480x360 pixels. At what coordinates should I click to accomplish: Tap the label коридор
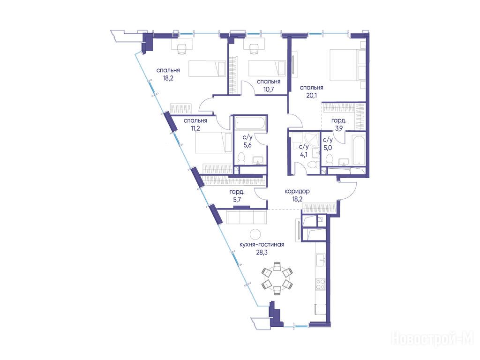(297, 191)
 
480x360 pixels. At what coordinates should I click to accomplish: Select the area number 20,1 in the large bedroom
(311, 95)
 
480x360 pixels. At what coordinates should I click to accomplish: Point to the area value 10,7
(269, 89)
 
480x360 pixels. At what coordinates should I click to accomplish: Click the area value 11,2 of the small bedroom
(195, 128)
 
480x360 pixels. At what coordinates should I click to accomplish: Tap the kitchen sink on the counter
(321, 261)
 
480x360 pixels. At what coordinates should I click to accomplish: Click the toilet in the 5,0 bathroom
(330, 159)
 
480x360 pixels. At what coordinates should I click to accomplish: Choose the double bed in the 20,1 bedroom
(347, 65)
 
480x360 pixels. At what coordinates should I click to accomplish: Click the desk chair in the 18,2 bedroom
(182, 49)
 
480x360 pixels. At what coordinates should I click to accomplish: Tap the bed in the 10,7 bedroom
(267, 68)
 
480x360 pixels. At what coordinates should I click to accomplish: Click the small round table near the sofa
(255, 234)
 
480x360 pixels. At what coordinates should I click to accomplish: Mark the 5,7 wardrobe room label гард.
(237, 192)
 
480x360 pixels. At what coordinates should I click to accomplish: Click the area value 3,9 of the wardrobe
(339, 128)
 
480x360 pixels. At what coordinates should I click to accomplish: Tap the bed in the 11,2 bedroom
(213, 142)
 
